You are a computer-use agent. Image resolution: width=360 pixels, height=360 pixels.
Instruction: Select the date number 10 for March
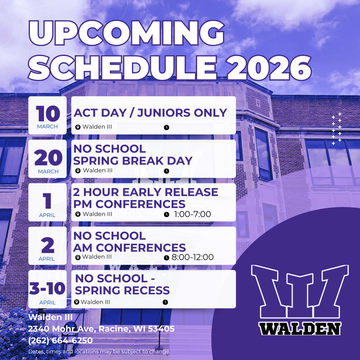point(47,113)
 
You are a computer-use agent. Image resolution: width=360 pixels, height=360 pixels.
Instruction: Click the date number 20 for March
point(47,158)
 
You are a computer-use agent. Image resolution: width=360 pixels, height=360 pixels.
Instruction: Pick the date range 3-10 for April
point(47,289)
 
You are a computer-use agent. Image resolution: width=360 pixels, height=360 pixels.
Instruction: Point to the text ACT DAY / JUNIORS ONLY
point(150,113)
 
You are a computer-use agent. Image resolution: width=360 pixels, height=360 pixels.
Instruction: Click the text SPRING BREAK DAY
point(133,161)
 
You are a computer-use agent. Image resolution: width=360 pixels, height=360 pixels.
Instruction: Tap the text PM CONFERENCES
point(129,204)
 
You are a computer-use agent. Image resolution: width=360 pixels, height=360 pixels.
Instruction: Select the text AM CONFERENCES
point(129,247)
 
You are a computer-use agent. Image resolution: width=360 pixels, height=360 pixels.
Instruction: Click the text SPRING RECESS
point(122,290)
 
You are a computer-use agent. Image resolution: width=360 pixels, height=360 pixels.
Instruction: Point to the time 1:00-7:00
point(192,214)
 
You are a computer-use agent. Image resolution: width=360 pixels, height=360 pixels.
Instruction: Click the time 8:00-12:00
point(192,257)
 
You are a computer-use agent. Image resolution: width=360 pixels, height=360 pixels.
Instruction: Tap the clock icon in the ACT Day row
point(167,127)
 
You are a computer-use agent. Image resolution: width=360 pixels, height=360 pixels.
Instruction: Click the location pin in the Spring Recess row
point(77,302)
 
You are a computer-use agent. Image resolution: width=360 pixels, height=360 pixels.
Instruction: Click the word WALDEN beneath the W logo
point(300,329)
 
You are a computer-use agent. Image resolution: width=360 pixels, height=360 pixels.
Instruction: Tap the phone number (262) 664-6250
point(60,341)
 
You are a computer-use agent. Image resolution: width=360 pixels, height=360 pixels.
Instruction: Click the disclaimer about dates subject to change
point(99,352)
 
